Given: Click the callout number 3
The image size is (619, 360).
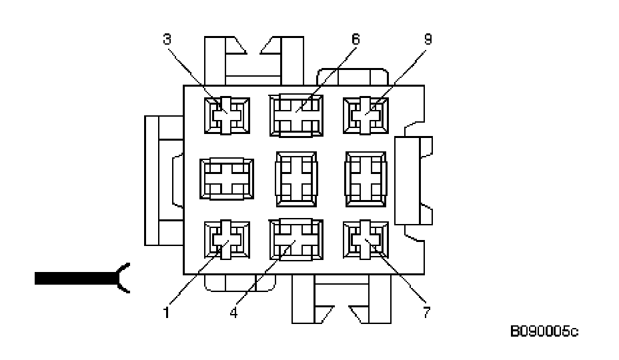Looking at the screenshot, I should [x=167, y=39].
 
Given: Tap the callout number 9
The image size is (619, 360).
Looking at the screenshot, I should [x=428, y=39].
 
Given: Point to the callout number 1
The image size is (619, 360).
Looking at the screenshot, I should [x=167, y=311].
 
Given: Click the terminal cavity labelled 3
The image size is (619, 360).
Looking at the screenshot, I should [x=226, y=115].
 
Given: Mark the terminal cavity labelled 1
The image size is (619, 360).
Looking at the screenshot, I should [x=226, y=240].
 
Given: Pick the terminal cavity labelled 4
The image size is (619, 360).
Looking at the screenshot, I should [x=296, y=240].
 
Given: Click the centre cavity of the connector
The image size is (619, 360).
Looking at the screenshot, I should [x=296, y=177].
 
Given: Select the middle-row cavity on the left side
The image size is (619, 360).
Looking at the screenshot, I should [x=226, y=177].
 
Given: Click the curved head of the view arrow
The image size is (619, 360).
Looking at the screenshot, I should [x=123, y=278].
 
